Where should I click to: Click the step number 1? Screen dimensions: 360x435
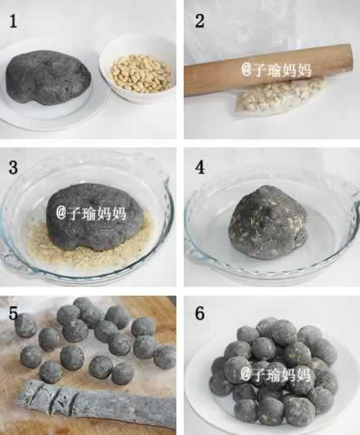[13, 21]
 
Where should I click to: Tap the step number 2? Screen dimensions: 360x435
[200, 20]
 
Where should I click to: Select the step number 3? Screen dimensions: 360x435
[14, 167]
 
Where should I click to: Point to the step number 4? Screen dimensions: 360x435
[200, 167]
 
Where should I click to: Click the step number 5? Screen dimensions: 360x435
[13, 313]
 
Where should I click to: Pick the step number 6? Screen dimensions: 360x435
[200, 314]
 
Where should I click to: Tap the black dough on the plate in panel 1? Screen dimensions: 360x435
[48, 77]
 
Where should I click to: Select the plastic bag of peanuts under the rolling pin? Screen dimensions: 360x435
[281, 97]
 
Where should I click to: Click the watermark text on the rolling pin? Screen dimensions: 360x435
[276, 70]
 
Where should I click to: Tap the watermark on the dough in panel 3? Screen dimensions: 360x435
[91, 214]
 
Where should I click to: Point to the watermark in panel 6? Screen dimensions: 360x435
[275, 374]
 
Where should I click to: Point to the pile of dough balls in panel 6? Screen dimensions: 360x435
[274, 372]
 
